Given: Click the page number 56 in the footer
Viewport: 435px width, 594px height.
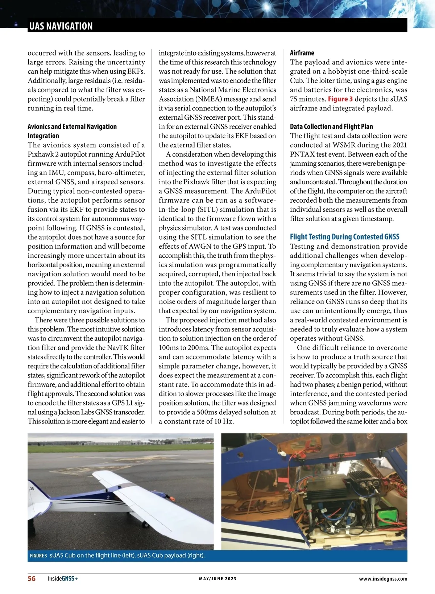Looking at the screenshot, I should (x=32, y=578).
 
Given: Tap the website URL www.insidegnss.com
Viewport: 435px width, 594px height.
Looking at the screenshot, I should (x=383, y=579).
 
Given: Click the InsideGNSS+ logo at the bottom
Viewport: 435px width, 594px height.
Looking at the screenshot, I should (x=63, y=579).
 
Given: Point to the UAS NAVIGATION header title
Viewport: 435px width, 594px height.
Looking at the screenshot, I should (x=61, y=26).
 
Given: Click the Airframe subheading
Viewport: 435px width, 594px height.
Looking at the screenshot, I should (x=302, y=53).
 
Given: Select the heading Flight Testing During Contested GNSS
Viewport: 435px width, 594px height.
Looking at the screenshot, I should (x=344, y=237).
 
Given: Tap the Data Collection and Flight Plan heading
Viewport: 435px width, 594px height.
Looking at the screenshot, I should (x=331, y=127).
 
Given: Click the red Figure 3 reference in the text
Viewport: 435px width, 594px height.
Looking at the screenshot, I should (x=340, y=99).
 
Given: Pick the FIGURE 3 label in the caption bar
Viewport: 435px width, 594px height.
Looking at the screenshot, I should (x=38, y=556).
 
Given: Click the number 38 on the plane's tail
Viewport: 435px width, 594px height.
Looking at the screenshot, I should (x=32, y=488).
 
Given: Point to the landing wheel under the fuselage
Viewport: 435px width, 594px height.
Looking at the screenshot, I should (x=145, y=524).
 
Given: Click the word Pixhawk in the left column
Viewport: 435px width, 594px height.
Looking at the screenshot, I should (x=41, y=154).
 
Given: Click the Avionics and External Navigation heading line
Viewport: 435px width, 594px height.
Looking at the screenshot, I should (x=72, y=127).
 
